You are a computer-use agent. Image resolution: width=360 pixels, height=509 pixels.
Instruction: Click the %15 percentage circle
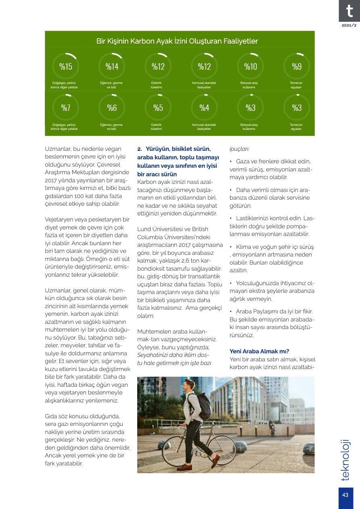[65, 67]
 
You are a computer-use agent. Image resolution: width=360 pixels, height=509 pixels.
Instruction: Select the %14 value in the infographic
[112, 67]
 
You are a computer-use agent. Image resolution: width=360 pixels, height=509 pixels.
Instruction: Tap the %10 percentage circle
[250, 67]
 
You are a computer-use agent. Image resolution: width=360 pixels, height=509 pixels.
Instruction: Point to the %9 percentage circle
[296, 67]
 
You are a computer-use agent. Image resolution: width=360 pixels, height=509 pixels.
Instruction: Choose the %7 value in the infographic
[65, 108]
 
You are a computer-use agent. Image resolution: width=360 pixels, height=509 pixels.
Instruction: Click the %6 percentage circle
[112, 108]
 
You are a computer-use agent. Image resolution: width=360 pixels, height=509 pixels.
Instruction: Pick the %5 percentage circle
[158, 108]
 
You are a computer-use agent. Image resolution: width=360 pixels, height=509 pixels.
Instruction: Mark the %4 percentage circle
[204, 108]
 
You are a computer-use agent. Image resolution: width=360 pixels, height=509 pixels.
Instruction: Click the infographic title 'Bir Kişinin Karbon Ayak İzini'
[177, 41]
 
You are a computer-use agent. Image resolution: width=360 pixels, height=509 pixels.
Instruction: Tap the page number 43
[345, 495]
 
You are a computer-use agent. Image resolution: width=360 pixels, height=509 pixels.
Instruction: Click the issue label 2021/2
[349, 25]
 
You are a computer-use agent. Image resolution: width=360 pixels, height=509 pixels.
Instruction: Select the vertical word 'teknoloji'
[345, 460]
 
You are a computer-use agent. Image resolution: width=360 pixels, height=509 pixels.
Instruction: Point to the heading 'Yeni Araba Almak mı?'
[259, 351]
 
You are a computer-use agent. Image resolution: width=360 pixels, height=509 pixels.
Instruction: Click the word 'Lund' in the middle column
[144, 229]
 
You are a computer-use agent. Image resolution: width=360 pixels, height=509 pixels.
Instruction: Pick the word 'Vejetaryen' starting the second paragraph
[60, 219]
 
